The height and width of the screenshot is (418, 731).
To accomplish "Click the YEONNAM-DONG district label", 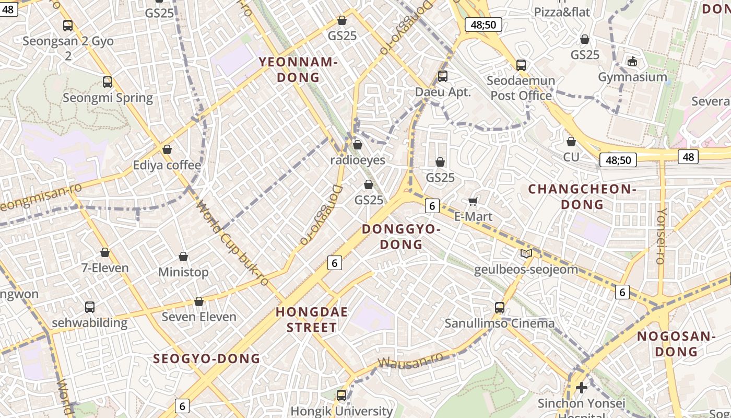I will click(x=298, y=70).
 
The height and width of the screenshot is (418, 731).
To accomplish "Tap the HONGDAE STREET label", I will click(x=312, y=320).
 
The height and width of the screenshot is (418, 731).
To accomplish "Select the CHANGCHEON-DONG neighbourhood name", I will click(x=582, y=196).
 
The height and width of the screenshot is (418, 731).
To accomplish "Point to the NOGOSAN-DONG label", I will click(x=676, y=344).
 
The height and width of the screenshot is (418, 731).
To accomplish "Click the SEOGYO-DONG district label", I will click(x=207, y=358).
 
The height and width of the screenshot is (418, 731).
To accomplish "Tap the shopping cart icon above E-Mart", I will click(x=473, y=201).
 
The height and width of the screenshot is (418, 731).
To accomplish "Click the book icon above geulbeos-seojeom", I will click(x=526, y=254).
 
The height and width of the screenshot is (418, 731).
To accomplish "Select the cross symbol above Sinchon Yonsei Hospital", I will click(x=581, y=388).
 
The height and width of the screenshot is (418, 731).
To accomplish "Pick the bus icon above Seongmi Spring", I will click(x=108, y=82).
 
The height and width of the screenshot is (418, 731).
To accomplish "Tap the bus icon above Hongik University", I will click(x=341, y=396).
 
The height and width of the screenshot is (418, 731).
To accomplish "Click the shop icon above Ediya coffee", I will click(x=167, y=150).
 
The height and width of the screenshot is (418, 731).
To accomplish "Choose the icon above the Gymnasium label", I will click(x=632, y=62).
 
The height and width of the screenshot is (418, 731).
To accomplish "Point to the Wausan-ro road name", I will click(x=410, y=361).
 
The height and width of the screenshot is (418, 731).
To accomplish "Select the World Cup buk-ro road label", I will click(x=232, y=243).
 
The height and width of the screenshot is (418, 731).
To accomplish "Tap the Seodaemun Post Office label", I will click(x=521, y=88).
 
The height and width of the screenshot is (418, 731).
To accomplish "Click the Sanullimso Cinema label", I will click(x=500, y=323).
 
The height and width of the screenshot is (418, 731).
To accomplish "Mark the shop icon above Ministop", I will click(x=183, y=257).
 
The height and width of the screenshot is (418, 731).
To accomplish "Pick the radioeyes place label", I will click(x=358, y=160).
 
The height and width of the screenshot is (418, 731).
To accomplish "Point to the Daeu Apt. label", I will click(x=443, y=92).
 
